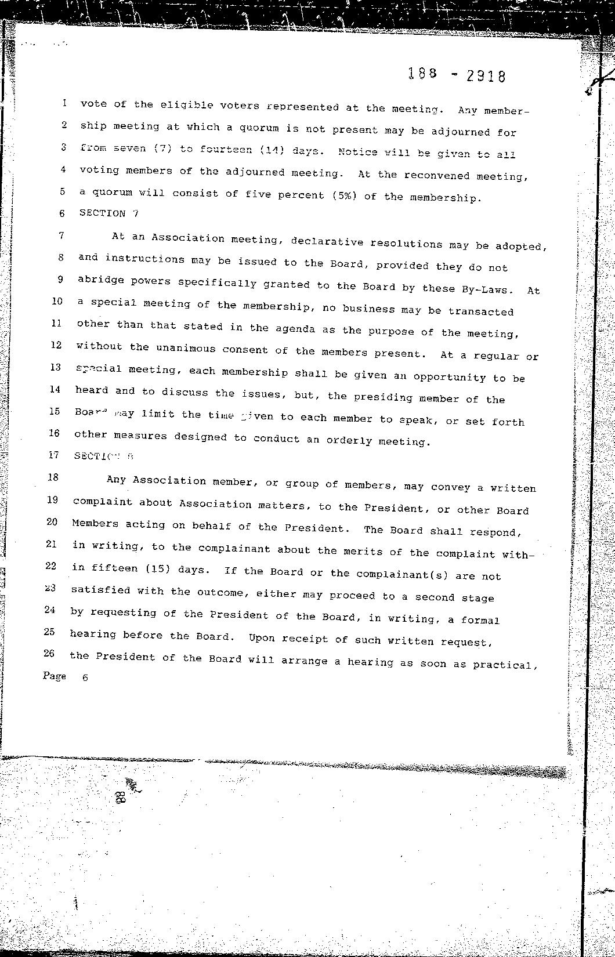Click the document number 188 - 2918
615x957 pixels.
456,75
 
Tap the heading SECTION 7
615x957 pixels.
109,213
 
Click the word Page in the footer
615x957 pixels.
55,676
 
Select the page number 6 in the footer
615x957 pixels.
85,677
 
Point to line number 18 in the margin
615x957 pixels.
53,477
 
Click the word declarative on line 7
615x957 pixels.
325,241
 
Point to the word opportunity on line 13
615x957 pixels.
450,377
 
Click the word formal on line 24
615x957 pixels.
480,620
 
